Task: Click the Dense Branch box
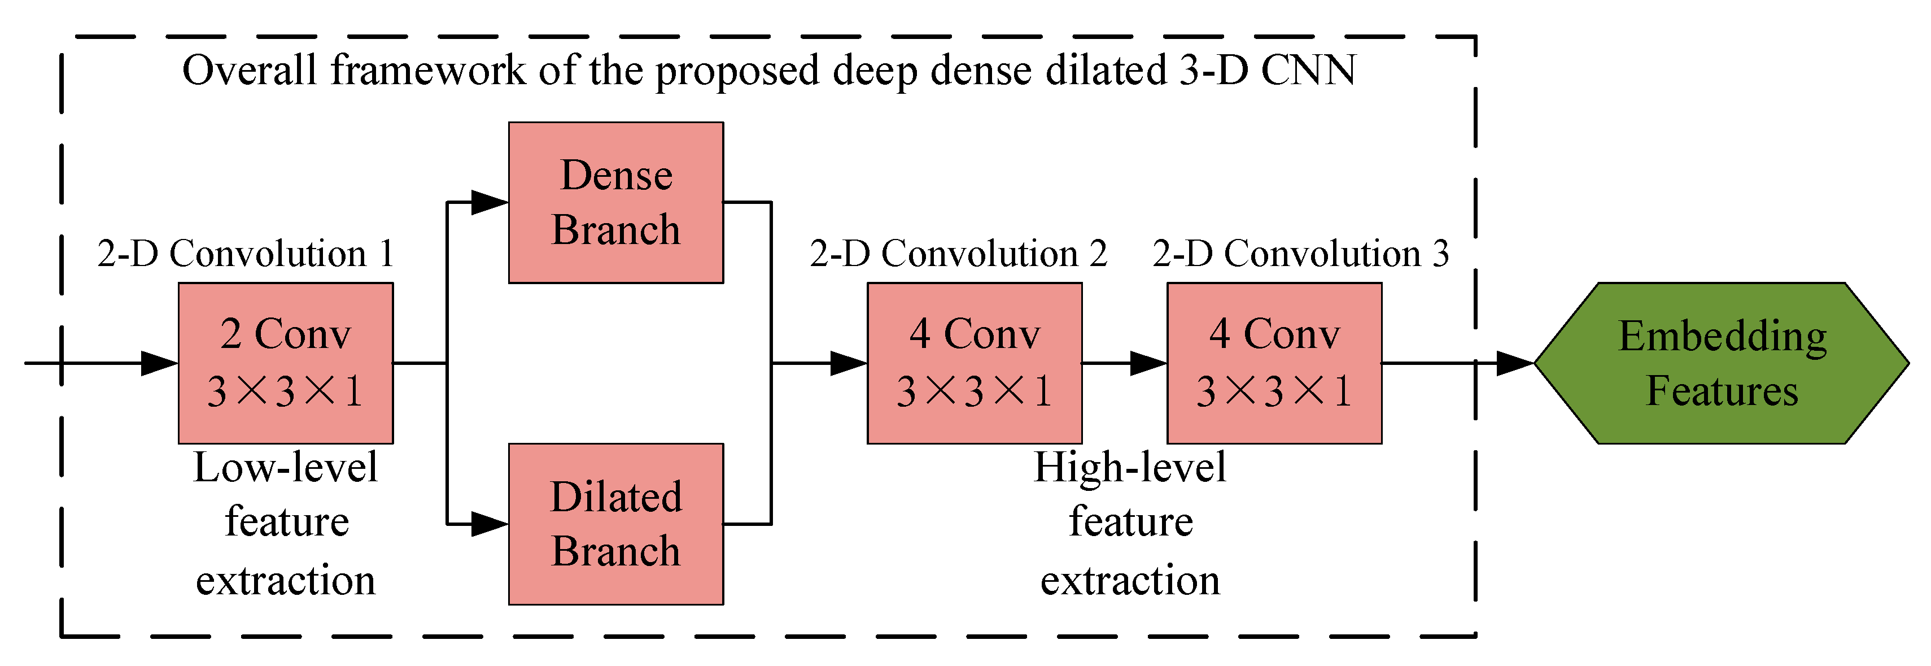coord(615,202)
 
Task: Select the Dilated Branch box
coord(615,524)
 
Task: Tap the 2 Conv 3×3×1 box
coord(285,363)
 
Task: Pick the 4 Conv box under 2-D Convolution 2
coord(974,363)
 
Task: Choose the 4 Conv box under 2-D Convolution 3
coord(1274,363)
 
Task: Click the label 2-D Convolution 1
coord(246,254)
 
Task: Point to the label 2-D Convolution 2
coord(958,254)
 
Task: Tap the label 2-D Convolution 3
coord(1300,254)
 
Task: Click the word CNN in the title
coord(1308,71)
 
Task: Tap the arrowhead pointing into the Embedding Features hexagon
coord(1514,363)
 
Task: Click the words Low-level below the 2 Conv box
coord(285,468)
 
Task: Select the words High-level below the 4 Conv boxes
coord(1130,468)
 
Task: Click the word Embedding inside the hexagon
coord(1722,336)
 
